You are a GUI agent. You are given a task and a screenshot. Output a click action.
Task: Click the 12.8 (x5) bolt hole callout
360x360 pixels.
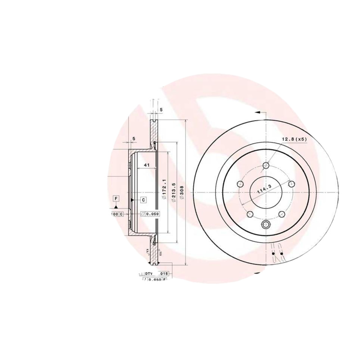[x=294, y=139]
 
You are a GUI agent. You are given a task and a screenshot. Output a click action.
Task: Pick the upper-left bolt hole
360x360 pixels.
[x=239, y=184]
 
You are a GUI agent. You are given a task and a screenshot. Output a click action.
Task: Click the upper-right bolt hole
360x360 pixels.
[x=291, y=184]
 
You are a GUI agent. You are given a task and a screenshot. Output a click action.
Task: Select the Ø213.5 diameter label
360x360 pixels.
[x=173, y=194]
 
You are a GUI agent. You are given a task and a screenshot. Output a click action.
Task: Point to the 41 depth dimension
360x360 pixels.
[x=146, y=166]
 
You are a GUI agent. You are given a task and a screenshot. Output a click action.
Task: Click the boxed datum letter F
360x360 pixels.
[x=116, y=198]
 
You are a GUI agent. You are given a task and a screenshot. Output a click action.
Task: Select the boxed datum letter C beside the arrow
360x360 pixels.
[x=143, y=199]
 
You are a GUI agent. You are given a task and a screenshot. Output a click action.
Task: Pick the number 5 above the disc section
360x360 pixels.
[x=161, y=110]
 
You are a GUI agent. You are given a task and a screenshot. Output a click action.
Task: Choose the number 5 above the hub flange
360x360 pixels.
[x=134, y=139]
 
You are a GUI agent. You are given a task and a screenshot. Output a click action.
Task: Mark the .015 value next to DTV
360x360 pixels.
[x=164, y=274]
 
